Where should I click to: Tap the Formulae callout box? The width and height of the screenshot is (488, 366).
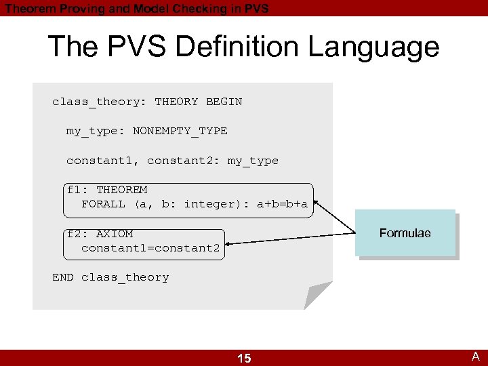pos(405,233)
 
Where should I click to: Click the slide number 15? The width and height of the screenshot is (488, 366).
pos(244,358)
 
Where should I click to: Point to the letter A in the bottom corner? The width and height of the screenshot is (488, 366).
pos(476,357)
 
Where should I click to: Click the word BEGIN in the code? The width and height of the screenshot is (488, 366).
pos(224,102)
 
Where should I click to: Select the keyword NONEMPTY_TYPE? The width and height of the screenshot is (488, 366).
pos(180,131)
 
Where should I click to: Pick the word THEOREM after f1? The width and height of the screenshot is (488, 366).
pos(121,190)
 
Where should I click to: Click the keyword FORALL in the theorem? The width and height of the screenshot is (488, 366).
pos(103,204)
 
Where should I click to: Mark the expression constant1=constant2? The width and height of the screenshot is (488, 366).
pos(150,248)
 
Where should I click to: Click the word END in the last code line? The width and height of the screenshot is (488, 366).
pos(63,277)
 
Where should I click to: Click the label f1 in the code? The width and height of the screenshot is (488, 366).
pos(74,190)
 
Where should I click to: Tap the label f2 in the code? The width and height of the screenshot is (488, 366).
pos(74,234)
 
